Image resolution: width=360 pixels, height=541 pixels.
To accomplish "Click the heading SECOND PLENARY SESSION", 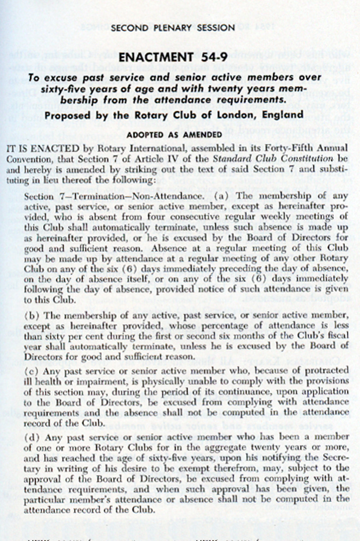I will pyautogui.click(x=173, y=28).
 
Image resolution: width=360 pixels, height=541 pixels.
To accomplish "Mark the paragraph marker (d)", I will pyautogui.click(x=31, y=436).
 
